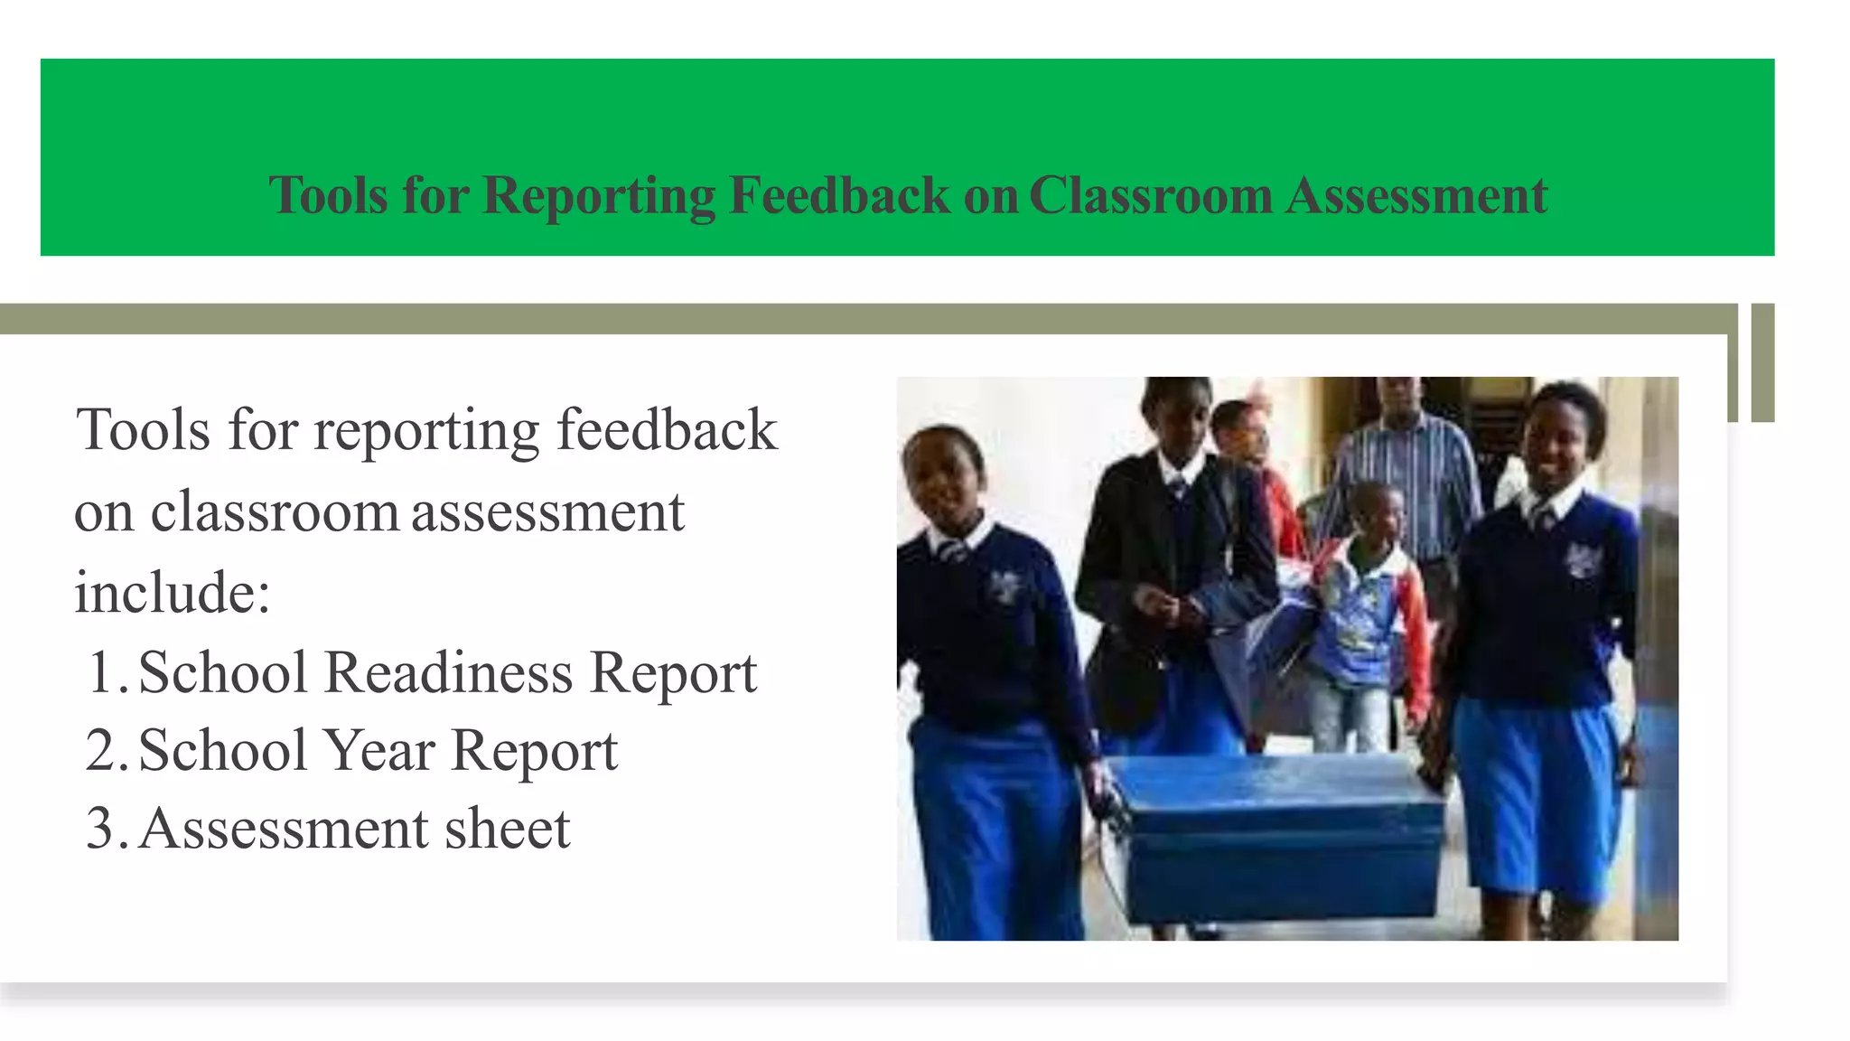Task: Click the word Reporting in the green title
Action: (599, 196)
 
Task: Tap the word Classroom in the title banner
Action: (1150, 196)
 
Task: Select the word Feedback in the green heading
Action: (839, 196)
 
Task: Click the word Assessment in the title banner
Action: (1416, 196)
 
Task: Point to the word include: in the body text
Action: (173, 593)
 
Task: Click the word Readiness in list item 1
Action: (448, 673)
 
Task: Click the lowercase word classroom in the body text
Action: (275, 512)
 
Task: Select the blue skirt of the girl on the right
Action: (1536, 795)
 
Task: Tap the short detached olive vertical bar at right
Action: (1762, 362)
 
